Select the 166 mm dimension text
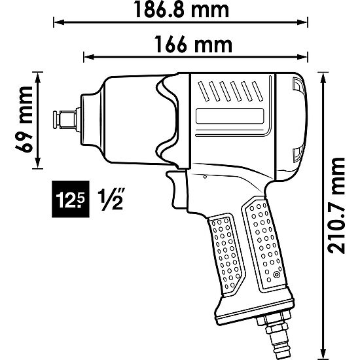[x=194, y=45]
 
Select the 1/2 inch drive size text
[x=111, y=197]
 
